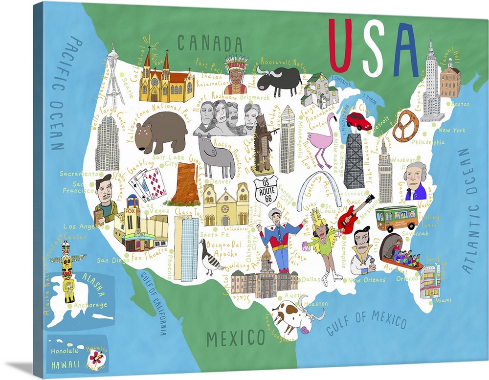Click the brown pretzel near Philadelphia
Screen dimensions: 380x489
pyautogui.click(x=405, y=126)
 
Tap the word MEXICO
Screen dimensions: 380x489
pyautogui.click(x=236, y=338)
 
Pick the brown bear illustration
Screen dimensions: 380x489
pyautogui.click(x=160, y=131)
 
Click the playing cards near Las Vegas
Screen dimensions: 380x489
pyautogui.click(x=148, y=183)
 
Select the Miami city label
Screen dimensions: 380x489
pyautogui.click(x=443, y=300)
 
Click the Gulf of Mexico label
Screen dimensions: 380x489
pyautogui.click(x=367, y=320)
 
